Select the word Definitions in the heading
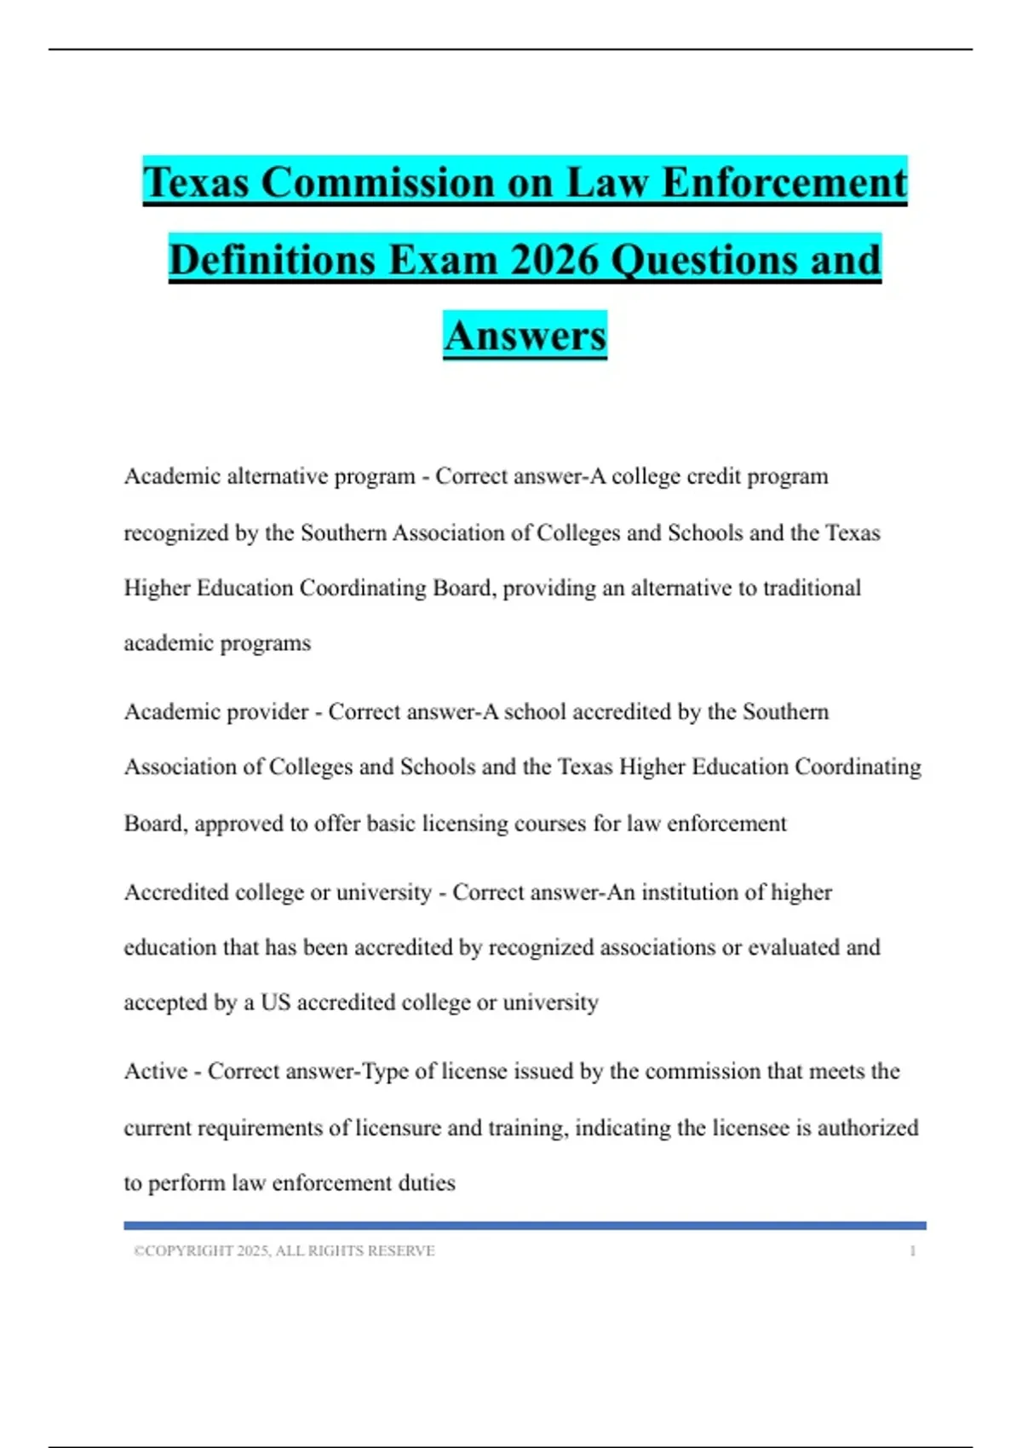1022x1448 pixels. [x=272, y=259]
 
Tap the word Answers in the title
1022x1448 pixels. [x=525, y=336]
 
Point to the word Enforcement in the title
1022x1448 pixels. [x=784, y=182]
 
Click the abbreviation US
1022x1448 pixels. [x=275, y=1003]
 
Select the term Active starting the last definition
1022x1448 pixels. [x=155, y=1072]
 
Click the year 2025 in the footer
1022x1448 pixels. [x=253, y=1251]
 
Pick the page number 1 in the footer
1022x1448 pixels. [x=912, y=1251]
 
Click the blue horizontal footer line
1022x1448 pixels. [x=525, y=1226]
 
